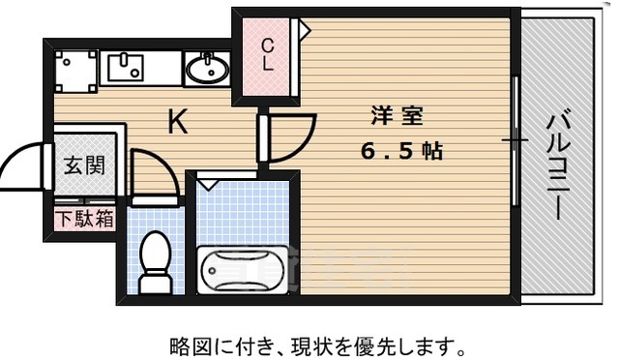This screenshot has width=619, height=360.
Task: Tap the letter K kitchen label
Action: (x=178, y=123)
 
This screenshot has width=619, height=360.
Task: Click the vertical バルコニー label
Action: (x=558, y=165)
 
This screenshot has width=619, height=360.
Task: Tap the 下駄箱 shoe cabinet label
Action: (x=84, y=218)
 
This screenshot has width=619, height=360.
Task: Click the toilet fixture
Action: (x=154, y=260)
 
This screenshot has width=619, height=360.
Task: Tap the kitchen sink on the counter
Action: (x=125, y=68)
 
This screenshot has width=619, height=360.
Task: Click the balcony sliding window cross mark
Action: (x=515, y=141)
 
